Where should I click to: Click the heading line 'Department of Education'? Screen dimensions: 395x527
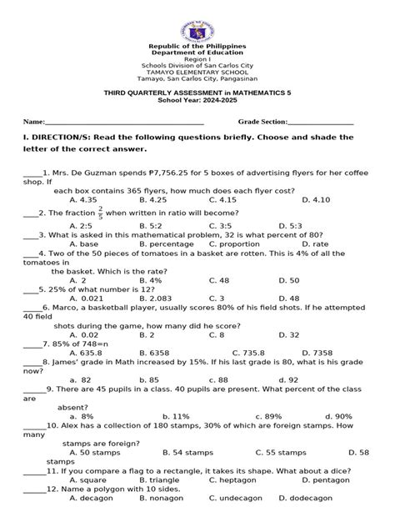pyautogui.click(x=197, y=53)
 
